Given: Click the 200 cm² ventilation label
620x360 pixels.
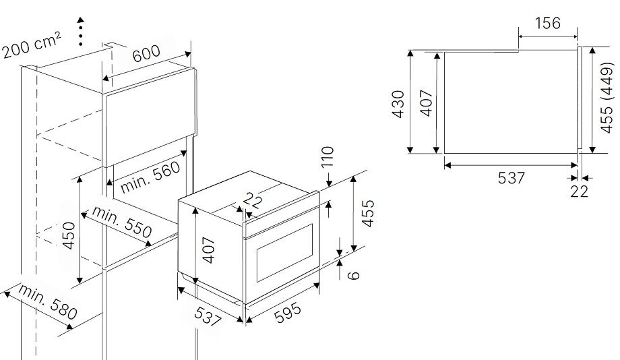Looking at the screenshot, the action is tap(32, 45).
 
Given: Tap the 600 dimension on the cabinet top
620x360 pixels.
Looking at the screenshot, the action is tap(146, 53).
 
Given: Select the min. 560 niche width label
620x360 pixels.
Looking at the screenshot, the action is tap(150, 177).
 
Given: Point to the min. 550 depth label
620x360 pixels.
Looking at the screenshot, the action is tap(122, 222).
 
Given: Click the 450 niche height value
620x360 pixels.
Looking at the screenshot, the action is tap(69, 235).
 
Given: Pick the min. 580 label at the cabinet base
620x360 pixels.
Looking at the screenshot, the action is tap(47, 302).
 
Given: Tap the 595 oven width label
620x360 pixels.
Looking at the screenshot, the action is tap(288, 313).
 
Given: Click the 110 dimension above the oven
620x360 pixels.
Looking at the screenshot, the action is tap(328, 157).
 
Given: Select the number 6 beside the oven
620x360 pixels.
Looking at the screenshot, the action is tap(354, 274).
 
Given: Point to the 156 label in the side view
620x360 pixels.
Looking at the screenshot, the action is tap(548, 23).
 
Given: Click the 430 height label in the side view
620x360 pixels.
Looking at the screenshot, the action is tap(398, 104).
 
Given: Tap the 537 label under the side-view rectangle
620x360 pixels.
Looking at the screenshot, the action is tap(511, 177).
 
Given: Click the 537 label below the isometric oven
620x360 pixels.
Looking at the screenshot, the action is tap(207, 316).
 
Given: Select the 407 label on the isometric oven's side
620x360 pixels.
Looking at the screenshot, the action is tap(208, 250).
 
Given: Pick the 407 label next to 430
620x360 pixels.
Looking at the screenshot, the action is tap(427, 103).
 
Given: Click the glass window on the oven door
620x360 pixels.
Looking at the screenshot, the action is tap(284, 253).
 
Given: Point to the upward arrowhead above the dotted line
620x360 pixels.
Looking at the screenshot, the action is tap(81, 20).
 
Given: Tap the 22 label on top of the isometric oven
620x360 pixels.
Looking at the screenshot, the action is tap(252, 200).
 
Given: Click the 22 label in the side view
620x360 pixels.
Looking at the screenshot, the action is tap(580, 191).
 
